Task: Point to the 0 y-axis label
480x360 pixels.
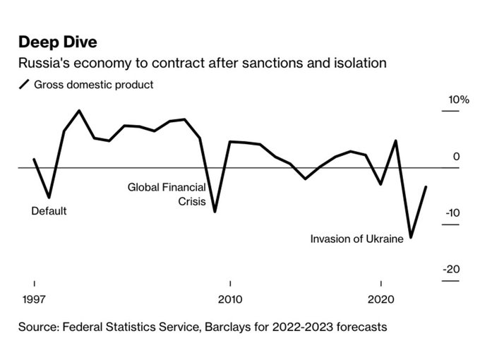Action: pyautogui.click(x=456, y=157)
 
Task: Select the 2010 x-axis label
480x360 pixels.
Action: pyautogui.click(x=229, y=299)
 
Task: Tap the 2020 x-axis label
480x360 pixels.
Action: pyautogui.click(x=381, y=299)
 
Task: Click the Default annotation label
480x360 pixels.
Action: pyautogui.click(x=49, y=211)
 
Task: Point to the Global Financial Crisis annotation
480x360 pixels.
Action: pyautogui.click(x=167, y=195)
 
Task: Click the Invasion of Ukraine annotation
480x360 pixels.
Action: pyautogui.click(x=356, y=239)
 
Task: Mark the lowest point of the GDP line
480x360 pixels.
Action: pyautogui.click(x=411, y=238)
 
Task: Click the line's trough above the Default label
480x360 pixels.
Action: pyautogui.click(x=49, y=197)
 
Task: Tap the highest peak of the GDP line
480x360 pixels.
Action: pyautogui.click(x=78, y=111)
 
